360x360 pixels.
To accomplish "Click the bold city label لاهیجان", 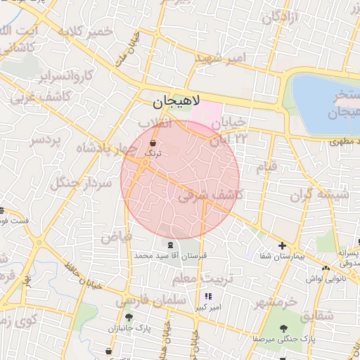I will (176, 102).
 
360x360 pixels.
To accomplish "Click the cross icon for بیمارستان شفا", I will (282, 246).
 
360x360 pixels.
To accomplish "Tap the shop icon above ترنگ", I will (153, 143).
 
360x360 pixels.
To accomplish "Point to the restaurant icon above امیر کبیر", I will (208, 297).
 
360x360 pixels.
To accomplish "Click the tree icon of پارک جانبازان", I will (127, 318).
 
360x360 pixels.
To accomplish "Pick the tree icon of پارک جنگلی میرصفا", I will (283, 328).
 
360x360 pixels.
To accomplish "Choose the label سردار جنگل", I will (79, 184).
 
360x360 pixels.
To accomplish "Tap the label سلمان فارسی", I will (150, 301).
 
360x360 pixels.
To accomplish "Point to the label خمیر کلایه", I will (86, 32).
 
